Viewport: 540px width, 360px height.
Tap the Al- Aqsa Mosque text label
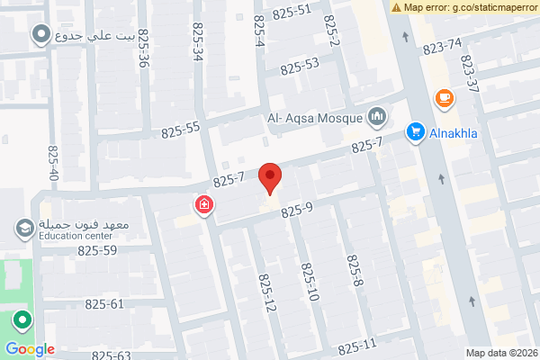314,117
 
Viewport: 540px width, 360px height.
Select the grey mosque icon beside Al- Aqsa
377,116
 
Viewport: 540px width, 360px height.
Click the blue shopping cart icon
415,131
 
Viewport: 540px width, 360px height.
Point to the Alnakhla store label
454,133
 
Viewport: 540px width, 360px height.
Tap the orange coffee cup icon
444,97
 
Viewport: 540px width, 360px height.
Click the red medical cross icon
204,206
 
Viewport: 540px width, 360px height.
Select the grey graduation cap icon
22,229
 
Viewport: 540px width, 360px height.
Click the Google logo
30,349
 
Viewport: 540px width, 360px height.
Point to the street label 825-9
296,211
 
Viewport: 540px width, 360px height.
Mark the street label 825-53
300,66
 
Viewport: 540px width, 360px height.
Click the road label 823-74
441,46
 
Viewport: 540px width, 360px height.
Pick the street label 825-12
267,294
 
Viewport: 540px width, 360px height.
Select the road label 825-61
104,303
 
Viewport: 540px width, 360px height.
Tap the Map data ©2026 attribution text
499,353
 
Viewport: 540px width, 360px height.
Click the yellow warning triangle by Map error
397,7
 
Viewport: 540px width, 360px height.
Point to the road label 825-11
357,347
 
